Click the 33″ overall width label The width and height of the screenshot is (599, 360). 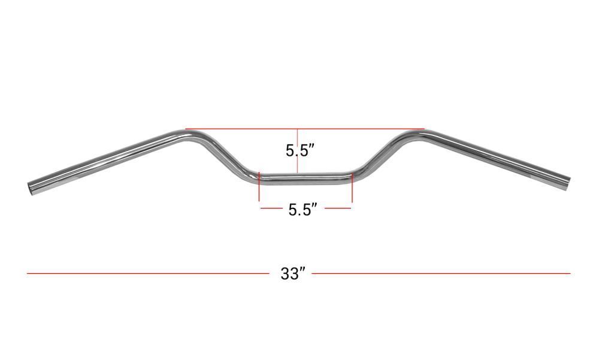(x=293, y=273)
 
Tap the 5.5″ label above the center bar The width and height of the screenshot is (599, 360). (x=300, y=150)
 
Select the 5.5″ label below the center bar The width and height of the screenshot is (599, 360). (x=302, y=210)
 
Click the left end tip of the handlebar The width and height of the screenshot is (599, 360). (x=31, y=189)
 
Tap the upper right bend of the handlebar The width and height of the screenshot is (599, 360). (x=413, y=136)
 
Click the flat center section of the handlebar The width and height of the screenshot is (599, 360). (x=305, y=179)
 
